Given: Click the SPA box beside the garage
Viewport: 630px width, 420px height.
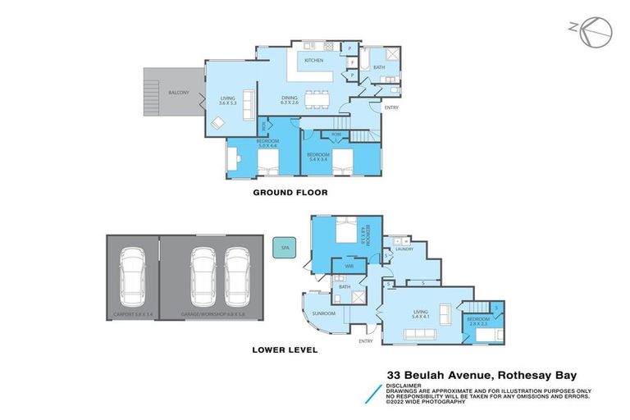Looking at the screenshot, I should (x=284, y=248).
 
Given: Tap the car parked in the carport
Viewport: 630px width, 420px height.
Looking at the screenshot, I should (x=131, y=273).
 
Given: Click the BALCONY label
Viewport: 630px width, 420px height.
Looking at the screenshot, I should (x=179, y=93).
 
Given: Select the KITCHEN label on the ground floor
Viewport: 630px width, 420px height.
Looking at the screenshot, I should (x=314, y=61).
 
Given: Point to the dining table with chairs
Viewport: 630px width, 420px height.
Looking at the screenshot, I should (x=317, y=98).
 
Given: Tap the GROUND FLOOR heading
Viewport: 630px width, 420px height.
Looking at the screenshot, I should (x=290, y=193).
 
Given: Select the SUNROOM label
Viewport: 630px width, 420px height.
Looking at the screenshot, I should (x=323, y=313).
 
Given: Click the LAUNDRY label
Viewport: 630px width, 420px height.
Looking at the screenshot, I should (x=404, y=249).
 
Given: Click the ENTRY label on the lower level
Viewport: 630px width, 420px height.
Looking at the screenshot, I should (x=366, y=340).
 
